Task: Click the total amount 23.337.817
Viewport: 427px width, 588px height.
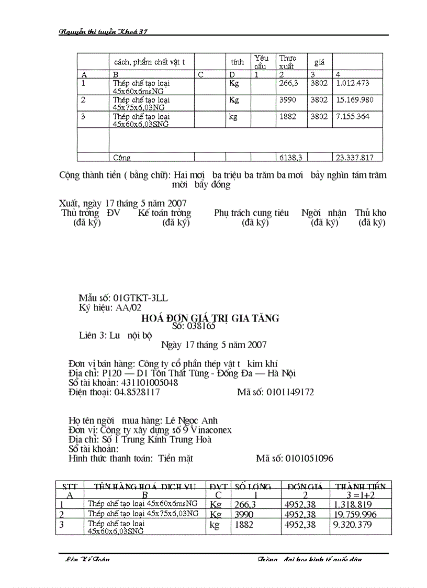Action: click(x=355, y=157)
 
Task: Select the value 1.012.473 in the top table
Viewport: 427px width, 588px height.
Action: click(x=353, y=83)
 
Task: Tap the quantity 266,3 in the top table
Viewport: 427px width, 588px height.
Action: click(x=288, y=83)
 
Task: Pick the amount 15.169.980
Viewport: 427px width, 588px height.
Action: click(x=355, y=100)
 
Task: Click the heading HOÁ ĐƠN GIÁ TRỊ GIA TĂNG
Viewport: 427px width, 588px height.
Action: click(x=210, y=318)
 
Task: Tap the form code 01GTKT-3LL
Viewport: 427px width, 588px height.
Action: click(x=141, y=298)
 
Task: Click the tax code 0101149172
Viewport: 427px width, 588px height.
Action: click(x=290, y=392)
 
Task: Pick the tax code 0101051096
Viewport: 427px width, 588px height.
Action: click(x=309, y=459)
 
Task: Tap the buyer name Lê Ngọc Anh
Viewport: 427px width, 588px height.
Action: click(x=191, y=420)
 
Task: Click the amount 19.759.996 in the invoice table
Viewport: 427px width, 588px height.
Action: click(x=355, y=514)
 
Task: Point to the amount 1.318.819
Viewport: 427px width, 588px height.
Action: click(x=353, y=504)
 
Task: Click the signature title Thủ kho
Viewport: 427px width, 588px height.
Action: click(x=370, y=213)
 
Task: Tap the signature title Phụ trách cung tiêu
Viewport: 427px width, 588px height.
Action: click(x=251, y=213)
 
